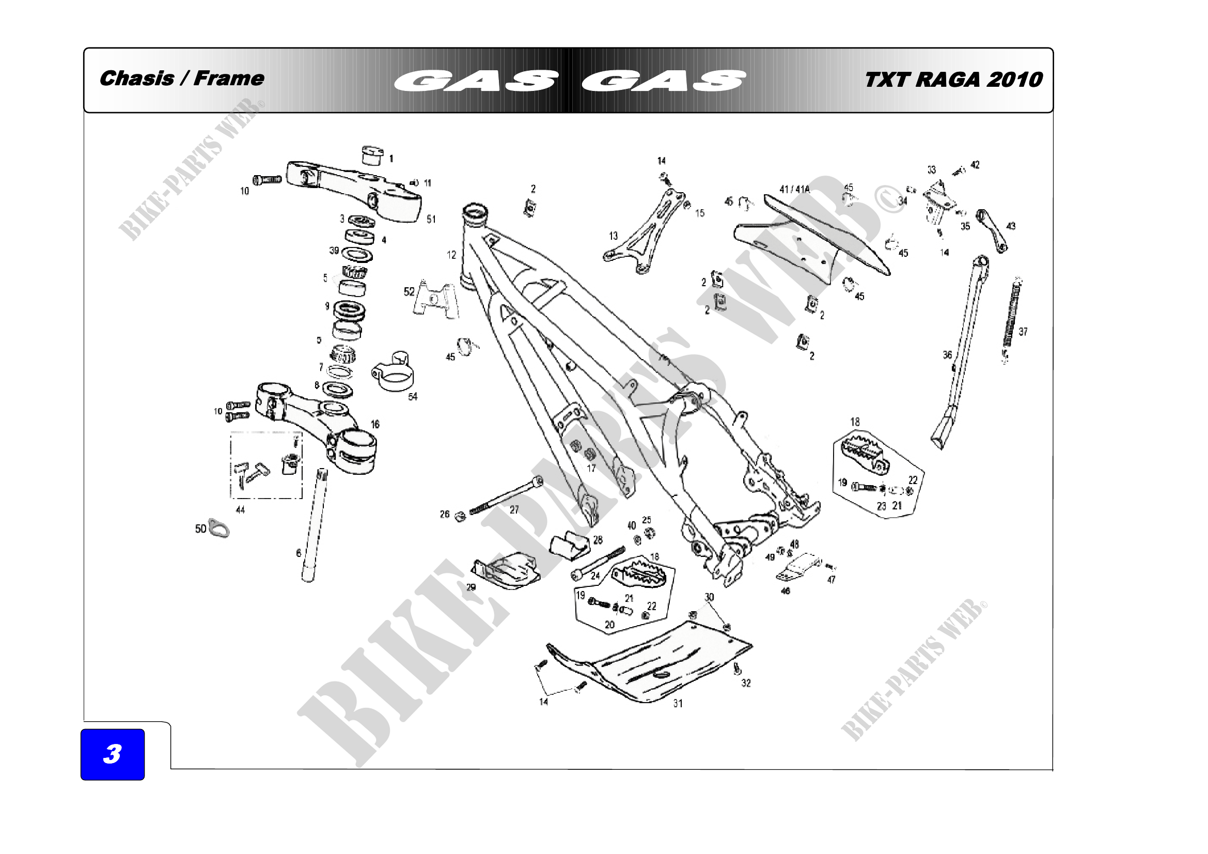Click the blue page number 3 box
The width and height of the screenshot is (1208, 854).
[x=113, y=754]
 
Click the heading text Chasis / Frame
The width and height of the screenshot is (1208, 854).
[x=182, y=79]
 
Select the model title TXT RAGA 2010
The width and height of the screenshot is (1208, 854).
[x=953, y=80]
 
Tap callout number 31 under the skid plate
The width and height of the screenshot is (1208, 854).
[x=678, y=704]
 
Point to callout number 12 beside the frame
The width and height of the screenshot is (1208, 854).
[x=451, y=255]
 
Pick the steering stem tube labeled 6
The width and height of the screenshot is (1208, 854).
[x=314, y=526]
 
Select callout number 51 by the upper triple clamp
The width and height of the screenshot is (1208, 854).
[x=431, y=220]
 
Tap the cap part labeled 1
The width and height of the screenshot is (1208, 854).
[x=372, y=156]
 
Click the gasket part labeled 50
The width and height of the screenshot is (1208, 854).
[x=219, y=529]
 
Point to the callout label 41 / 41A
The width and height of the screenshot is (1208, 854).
[x=794, y=190]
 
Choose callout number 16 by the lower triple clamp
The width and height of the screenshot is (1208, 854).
[x=375, y=424]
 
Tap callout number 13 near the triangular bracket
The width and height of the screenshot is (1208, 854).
[x=614, y=236]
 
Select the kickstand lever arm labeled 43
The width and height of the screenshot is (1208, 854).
[x=992, y=230]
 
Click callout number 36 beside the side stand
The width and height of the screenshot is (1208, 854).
[x=947, y=355]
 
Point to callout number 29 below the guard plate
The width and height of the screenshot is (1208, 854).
[x=471, y=587]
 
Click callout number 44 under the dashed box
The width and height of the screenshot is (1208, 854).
[x=240, y=510]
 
